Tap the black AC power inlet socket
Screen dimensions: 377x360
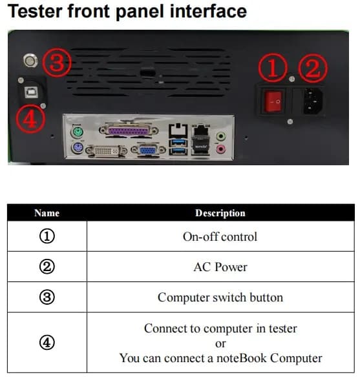coord(309,100)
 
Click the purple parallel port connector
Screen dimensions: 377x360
coord(129,132)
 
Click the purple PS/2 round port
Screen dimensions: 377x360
coord(76,151)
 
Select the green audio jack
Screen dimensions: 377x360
coord(222,136)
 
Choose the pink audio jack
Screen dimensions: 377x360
coord(222,149)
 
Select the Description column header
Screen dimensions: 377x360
coord(220,212)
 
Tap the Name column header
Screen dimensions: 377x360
coord(47,212)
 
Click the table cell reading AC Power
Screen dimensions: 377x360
coord(220,267)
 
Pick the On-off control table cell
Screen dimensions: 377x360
coord(220,236)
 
